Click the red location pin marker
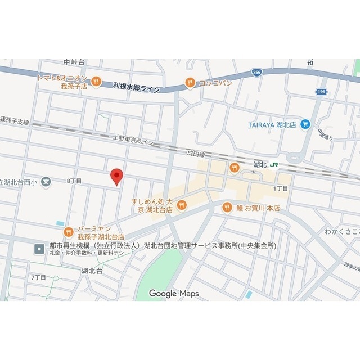coord(116,176)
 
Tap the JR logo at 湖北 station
coord(274,165)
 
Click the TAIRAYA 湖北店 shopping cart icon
coord(305,124)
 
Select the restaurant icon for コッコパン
coord(191,83)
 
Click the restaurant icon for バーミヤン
coord(69,231)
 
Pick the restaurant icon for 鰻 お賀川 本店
coord(227,208)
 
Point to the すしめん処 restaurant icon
coord(181,206)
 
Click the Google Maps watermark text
coord(173,293)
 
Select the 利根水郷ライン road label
coord(136,87)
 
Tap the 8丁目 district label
coord(74,181)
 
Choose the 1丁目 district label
coord(280,188)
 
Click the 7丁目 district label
coord(38,277)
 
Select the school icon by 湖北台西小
coord(47,182)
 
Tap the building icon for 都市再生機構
coord(39,247)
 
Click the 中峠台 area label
coord(74,62)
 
